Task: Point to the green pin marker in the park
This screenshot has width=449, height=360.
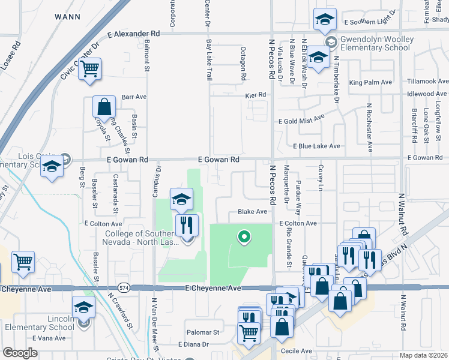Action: pos(244,237)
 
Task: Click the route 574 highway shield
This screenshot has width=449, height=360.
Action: pos(124,288)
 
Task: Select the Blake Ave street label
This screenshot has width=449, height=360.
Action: pos(252,212)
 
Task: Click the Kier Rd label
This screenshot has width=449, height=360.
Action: pos(255,95)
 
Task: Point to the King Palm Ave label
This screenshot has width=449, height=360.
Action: pos(370,82)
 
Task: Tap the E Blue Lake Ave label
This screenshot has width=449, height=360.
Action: pos(316,146)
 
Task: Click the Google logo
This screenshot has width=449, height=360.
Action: pos(20,353)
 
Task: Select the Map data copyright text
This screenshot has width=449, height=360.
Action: pos(424,355)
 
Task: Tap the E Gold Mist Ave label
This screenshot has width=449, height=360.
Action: pos(301,121)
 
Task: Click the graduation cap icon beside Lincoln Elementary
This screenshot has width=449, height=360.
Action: pos(83,308)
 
